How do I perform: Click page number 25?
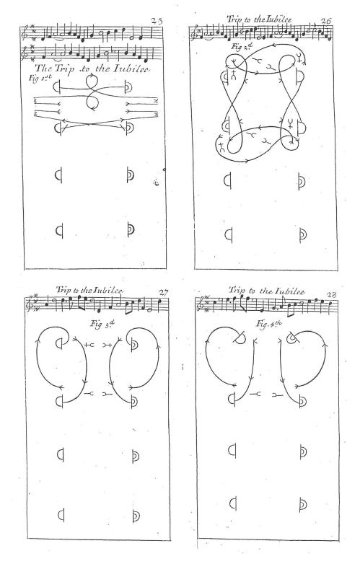[x=157, y=21]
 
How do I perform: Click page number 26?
[x=326, y=22]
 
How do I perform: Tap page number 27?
[x=163, y=293]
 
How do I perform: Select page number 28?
[x=331, y=295]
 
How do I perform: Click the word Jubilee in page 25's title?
[x=131, y=69]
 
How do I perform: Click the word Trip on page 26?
[x=234, y=19]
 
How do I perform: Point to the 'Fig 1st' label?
[x=40, y=78]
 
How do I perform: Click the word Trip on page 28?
[x=237, y=290]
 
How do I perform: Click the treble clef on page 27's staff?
[x=28, y=303]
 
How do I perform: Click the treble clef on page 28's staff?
[x=199, y=304]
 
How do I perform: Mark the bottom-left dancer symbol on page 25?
[x=60, y=231]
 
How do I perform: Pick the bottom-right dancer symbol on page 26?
[x=302, y=235]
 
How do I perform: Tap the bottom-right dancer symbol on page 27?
[x=135, y=516]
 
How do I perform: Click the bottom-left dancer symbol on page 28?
[x=233, y=503]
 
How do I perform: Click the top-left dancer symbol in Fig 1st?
[x=57, y=87]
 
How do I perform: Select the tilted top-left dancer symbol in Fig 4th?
[x=240, y=337]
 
